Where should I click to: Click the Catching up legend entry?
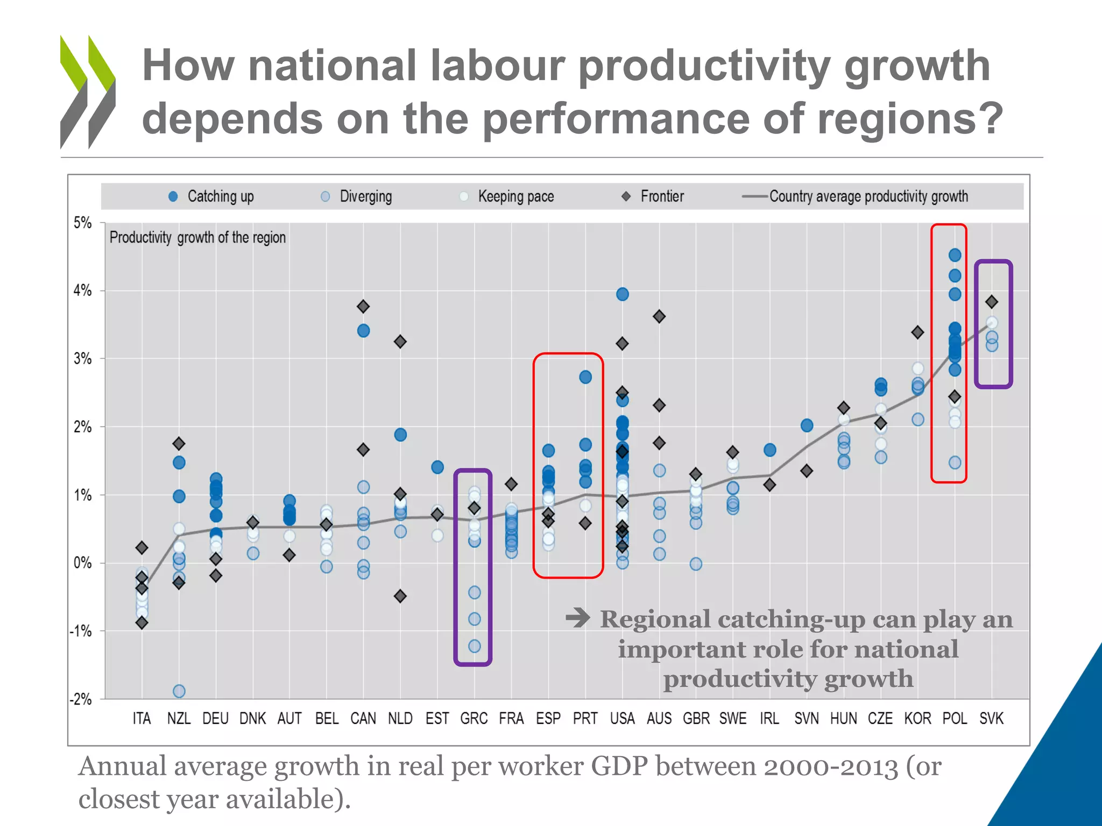(211, 197)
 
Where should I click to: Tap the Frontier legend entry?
(653, 197)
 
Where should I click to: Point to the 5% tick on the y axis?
(82, 223)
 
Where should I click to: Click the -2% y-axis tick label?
(81, 699)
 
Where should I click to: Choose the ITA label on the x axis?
(142, 718)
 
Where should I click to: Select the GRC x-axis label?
(474, 718)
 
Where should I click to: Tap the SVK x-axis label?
(991, 718)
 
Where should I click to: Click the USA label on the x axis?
(622, 718)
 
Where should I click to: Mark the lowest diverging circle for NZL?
(179, 691)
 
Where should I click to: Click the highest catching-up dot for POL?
(955, 255)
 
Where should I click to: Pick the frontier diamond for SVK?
(992, 302)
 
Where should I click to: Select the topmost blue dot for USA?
(623, 294)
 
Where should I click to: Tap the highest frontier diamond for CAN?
(363, 307)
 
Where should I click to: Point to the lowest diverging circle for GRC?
(474, 646)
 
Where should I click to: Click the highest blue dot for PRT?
(585, 377)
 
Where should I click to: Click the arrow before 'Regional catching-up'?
(578, 618)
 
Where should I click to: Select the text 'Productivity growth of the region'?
(197, 238)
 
